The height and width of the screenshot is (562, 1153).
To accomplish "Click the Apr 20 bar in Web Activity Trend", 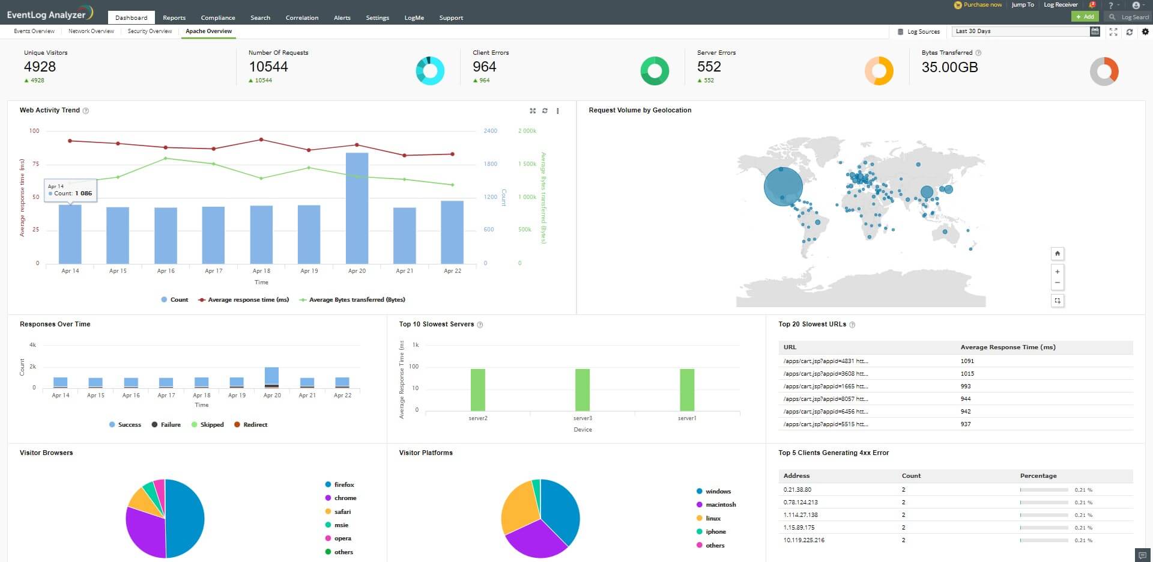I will (x=357, y=208).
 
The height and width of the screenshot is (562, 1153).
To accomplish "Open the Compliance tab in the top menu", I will (x=218, y=17).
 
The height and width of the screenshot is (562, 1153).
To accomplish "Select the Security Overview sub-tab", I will (x=150, y=31).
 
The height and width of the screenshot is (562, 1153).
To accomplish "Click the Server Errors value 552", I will (x=709, y=67).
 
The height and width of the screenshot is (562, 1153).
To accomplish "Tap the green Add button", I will (x=1085, y=17).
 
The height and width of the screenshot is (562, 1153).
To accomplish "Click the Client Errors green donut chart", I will (x=655, y=71).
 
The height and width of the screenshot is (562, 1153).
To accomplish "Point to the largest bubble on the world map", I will (x=783, y=186).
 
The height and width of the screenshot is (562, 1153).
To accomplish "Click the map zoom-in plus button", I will (x=1058, y=272).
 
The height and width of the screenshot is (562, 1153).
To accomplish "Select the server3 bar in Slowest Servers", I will (x=583, y=389).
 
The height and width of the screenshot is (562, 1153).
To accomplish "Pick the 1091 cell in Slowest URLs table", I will (x=967, y=361).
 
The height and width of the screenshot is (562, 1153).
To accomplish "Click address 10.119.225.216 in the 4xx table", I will (x=803, y=540).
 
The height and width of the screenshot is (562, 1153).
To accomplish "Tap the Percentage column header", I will (x=1038, y=475).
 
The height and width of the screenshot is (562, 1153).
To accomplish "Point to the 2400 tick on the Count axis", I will (x=491, y=130).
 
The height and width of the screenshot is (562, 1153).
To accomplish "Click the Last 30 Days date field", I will (x=1021, y=31).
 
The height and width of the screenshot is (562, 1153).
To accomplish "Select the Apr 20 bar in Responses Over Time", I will (x=272, y=376).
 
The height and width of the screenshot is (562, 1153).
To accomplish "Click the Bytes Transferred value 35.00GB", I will (x=949, y=67).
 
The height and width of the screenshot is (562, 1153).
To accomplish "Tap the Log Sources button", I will (x=919, y=32).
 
